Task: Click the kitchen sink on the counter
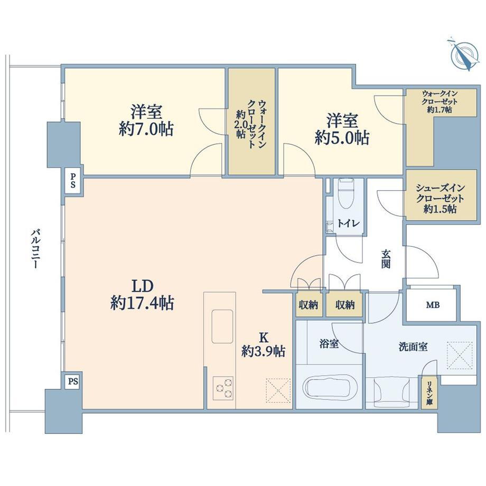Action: (x=222, y=326)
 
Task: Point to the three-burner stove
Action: (x=222, y=387)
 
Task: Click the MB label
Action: (x=432, y=305)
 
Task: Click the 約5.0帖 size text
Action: (x=342, y=138)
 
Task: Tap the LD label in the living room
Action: (x=143, y=286)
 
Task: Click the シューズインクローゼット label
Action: (x=440, y=193)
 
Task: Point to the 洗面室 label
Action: (x=413, y=347)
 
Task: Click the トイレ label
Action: (x=348, y=223)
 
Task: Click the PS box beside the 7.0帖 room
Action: (x=73, y=181)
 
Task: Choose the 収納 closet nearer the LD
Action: (x=309, y=305)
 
